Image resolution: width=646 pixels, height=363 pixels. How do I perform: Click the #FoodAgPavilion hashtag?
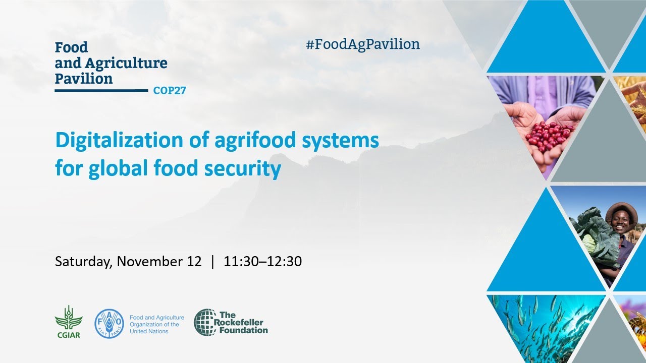point(362,44)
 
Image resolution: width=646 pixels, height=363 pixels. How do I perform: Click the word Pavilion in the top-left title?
point(84,79)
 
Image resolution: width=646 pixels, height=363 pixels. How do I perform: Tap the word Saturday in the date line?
point(84,262)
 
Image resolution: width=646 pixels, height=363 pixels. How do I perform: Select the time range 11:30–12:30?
point(263,262)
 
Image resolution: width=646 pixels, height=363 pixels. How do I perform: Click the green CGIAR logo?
point(68,321)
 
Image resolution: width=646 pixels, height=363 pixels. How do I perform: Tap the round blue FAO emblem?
point(109,324)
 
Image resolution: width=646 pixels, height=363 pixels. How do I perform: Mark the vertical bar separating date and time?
point(212,262)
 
